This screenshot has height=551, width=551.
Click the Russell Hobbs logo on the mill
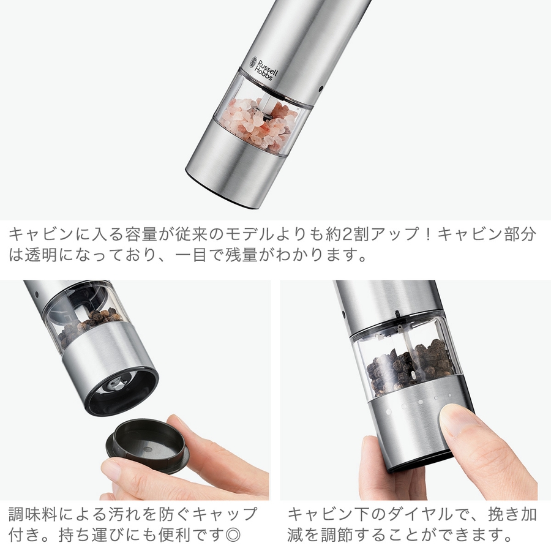(x=263, y=69)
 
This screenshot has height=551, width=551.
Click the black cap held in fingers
(x=148, y=444)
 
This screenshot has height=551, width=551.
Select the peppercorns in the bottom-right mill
(x=410, y=368)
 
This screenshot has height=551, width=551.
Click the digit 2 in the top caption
(x=347, y=234)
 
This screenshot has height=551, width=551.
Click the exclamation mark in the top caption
(x=428, y=234)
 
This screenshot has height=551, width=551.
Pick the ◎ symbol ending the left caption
(x=233, y=535)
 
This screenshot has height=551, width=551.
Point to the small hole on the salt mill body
(x=320, y=89)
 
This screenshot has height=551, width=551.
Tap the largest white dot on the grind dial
(x=389, y=412)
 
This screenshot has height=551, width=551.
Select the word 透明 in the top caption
(x=40, y=255)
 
